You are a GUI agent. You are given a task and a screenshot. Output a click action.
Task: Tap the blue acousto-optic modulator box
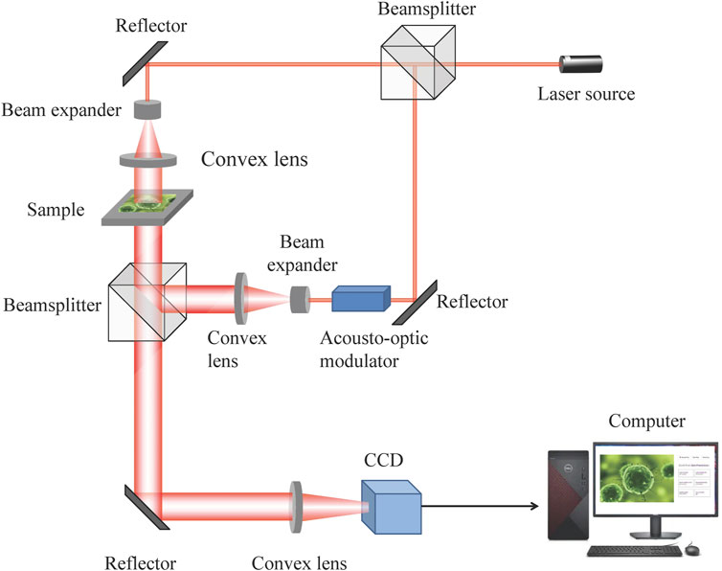[361, 299]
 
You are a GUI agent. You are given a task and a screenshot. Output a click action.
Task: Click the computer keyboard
[631, 553]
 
